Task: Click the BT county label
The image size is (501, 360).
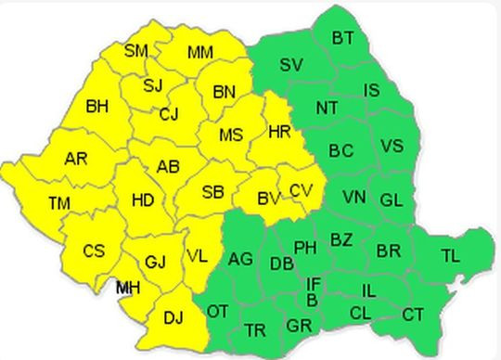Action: pos(342,38)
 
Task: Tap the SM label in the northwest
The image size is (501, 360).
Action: pos(136,50)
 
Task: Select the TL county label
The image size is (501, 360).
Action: pos(450,255)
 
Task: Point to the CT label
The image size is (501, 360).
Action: pos(413,315)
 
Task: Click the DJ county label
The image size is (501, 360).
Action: pos(173,318)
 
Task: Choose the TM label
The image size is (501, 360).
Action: pos(59,203)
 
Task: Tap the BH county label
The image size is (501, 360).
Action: pos(96,107)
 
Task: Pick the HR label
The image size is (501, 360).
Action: pos(279,132)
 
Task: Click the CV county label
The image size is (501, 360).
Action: pos(301,190)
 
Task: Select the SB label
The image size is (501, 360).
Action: pos(212,193)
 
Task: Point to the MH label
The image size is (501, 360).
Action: pos(128,289)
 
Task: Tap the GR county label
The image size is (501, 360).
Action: pos(299,326)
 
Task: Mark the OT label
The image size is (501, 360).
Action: pos(218,311)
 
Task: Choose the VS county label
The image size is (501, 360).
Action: pos(392,146)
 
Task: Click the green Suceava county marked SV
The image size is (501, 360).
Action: pos(290,65)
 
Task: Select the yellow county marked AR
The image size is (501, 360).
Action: pos(76,159)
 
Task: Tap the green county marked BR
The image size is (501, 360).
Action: pos(388,251)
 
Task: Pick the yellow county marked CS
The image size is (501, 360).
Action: pos(94,251)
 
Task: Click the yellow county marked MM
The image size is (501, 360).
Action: pos(200,52)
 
